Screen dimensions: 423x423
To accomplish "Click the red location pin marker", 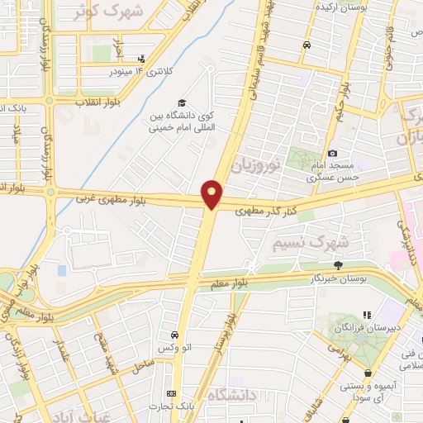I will click(212, 194).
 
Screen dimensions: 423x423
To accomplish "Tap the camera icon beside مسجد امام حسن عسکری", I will click(332, 153).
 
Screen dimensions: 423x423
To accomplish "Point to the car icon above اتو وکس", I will click(175, 335).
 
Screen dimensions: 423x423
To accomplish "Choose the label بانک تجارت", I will click(172, 406).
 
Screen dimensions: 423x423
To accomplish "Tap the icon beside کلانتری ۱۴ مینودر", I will click(142, 59).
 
